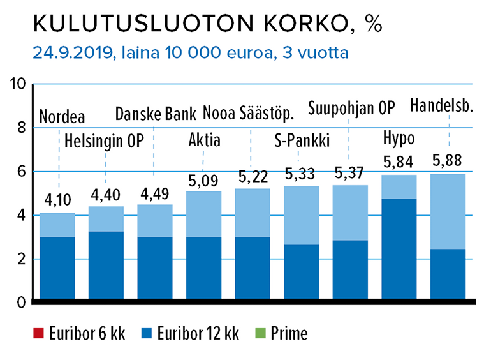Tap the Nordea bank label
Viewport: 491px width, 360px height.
(62, 117)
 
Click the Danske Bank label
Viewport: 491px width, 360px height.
(156, 114)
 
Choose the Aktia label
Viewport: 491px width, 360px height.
(205, 139)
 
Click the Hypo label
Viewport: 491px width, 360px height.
(399, 138)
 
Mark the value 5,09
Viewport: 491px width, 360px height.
(203, 182)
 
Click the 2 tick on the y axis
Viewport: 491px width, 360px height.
(21, 259)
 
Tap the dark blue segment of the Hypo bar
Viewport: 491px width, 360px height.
(399, 250)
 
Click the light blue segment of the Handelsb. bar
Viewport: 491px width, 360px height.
(447, 211)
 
